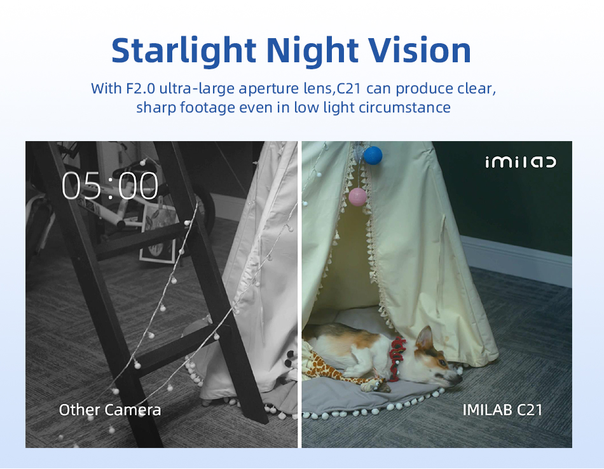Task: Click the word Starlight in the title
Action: tap(184, 51)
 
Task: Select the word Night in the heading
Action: tap(312, 51)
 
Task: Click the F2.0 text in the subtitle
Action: tap(141, 88)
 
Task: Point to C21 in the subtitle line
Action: tap(349, 88)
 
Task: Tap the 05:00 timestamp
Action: tap(110, 186)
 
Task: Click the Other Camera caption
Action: tap(110, 410)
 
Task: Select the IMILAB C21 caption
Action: tap(502, 410)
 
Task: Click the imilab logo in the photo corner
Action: tap(521, 161)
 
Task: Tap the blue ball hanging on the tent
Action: tap(373, 155)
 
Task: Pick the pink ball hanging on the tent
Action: tap(358, 197)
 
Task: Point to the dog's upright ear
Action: tap(425, 339)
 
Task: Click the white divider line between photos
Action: tap(299, 295)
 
